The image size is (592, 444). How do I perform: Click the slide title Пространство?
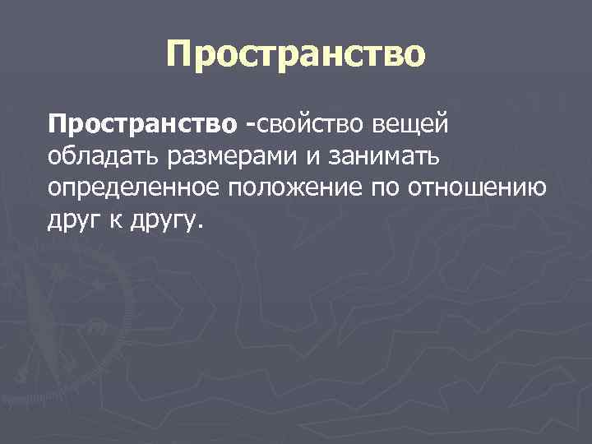tap(296, 55)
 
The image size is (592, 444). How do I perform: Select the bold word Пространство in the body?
tap(143, 124)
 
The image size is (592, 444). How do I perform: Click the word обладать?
tap(95, 156)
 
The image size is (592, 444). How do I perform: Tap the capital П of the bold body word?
tap(56, 124)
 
